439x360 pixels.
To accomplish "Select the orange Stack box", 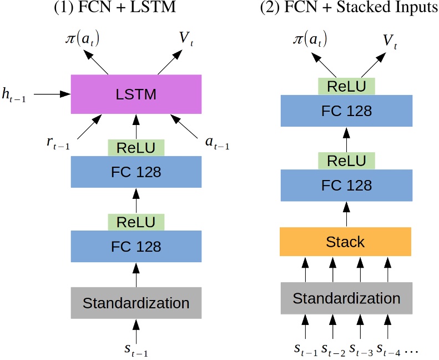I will [x=346, y=242].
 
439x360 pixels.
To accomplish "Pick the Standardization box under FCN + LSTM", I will [x=136, y=303].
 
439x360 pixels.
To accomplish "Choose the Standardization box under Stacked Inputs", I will [x=346, y=298].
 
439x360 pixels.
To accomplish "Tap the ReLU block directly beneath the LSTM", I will [x=136, y=148].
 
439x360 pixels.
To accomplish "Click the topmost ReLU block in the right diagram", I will [x=346, y=86].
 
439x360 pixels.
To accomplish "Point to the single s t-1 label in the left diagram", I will [x=136, y=350].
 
